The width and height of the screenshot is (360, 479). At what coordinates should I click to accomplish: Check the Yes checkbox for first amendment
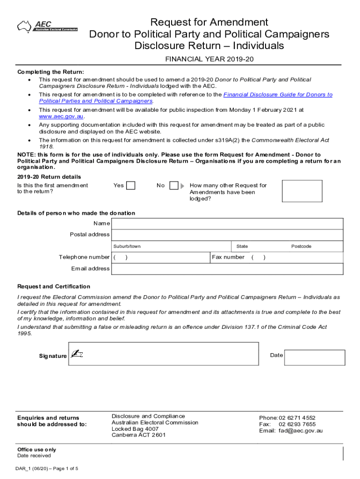[131, 186]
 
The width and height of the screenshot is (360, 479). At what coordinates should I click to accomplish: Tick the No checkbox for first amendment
[173, 186]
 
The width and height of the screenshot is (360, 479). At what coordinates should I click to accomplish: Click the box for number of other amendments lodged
[302, 191]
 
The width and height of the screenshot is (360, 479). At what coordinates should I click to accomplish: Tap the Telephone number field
[161, 257]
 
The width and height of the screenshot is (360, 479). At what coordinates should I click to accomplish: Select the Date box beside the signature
[314, 357]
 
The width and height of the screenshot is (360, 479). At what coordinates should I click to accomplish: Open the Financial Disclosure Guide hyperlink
[278, 94]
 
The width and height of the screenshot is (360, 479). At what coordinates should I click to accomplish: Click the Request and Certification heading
[54, 286]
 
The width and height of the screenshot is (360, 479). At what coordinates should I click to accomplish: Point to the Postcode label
[301, 246]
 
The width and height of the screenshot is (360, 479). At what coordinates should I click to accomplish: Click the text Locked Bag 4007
[135, 428]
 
